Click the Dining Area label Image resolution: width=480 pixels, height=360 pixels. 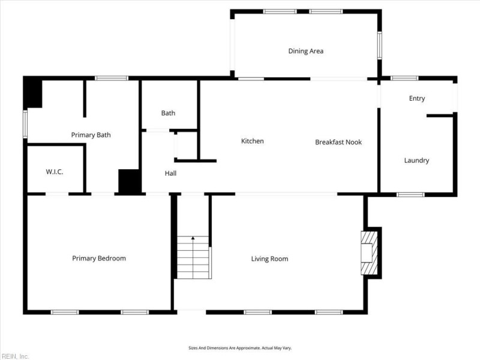tap(306, 51)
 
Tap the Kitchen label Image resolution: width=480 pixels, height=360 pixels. tap(252, 141)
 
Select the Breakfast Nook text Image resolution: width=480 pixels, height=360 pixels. tap(338, 142)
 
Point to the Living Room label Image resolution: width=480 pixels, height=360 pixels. tap(269, 259)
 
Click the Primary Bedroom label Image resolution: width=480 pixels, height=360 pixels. tap(99, 259)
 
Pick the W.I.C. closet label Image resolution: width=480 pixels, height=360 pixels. tap(55, 172)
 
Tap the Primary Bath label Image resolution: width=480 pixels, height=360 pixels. tap(91, 135)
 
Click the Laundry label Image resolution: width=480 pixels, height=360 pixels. tap(416, 160)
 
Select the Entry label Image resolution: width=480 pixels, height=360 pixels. tap(417, 98)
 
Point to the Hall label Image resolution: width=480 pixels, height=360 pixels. tap(170, 173)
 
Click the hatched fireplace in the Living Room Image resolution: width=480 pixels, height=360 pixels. tap(369, 253)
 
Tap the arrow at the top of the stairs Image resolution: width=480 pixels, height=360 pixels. tap(193, 238)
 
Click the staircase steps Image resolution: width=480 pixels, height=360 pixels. tap(193, 257)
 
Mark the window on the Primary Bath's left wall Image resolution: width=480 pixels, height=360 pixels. tap(25, 124)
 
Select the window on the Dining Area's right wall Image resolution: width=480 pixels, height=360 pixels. tap(380, 46)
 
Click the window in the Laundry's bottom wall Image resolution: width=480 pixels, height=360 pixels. tap(410, 194)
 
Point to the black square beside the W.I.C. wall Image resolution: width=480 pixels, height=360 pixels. tap(130, 181)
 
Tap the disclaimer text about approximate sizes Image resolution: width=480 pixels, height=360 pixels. tap(240, 348)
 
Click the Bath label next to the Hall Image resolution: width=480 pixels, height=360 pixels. tap(169, 113)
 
